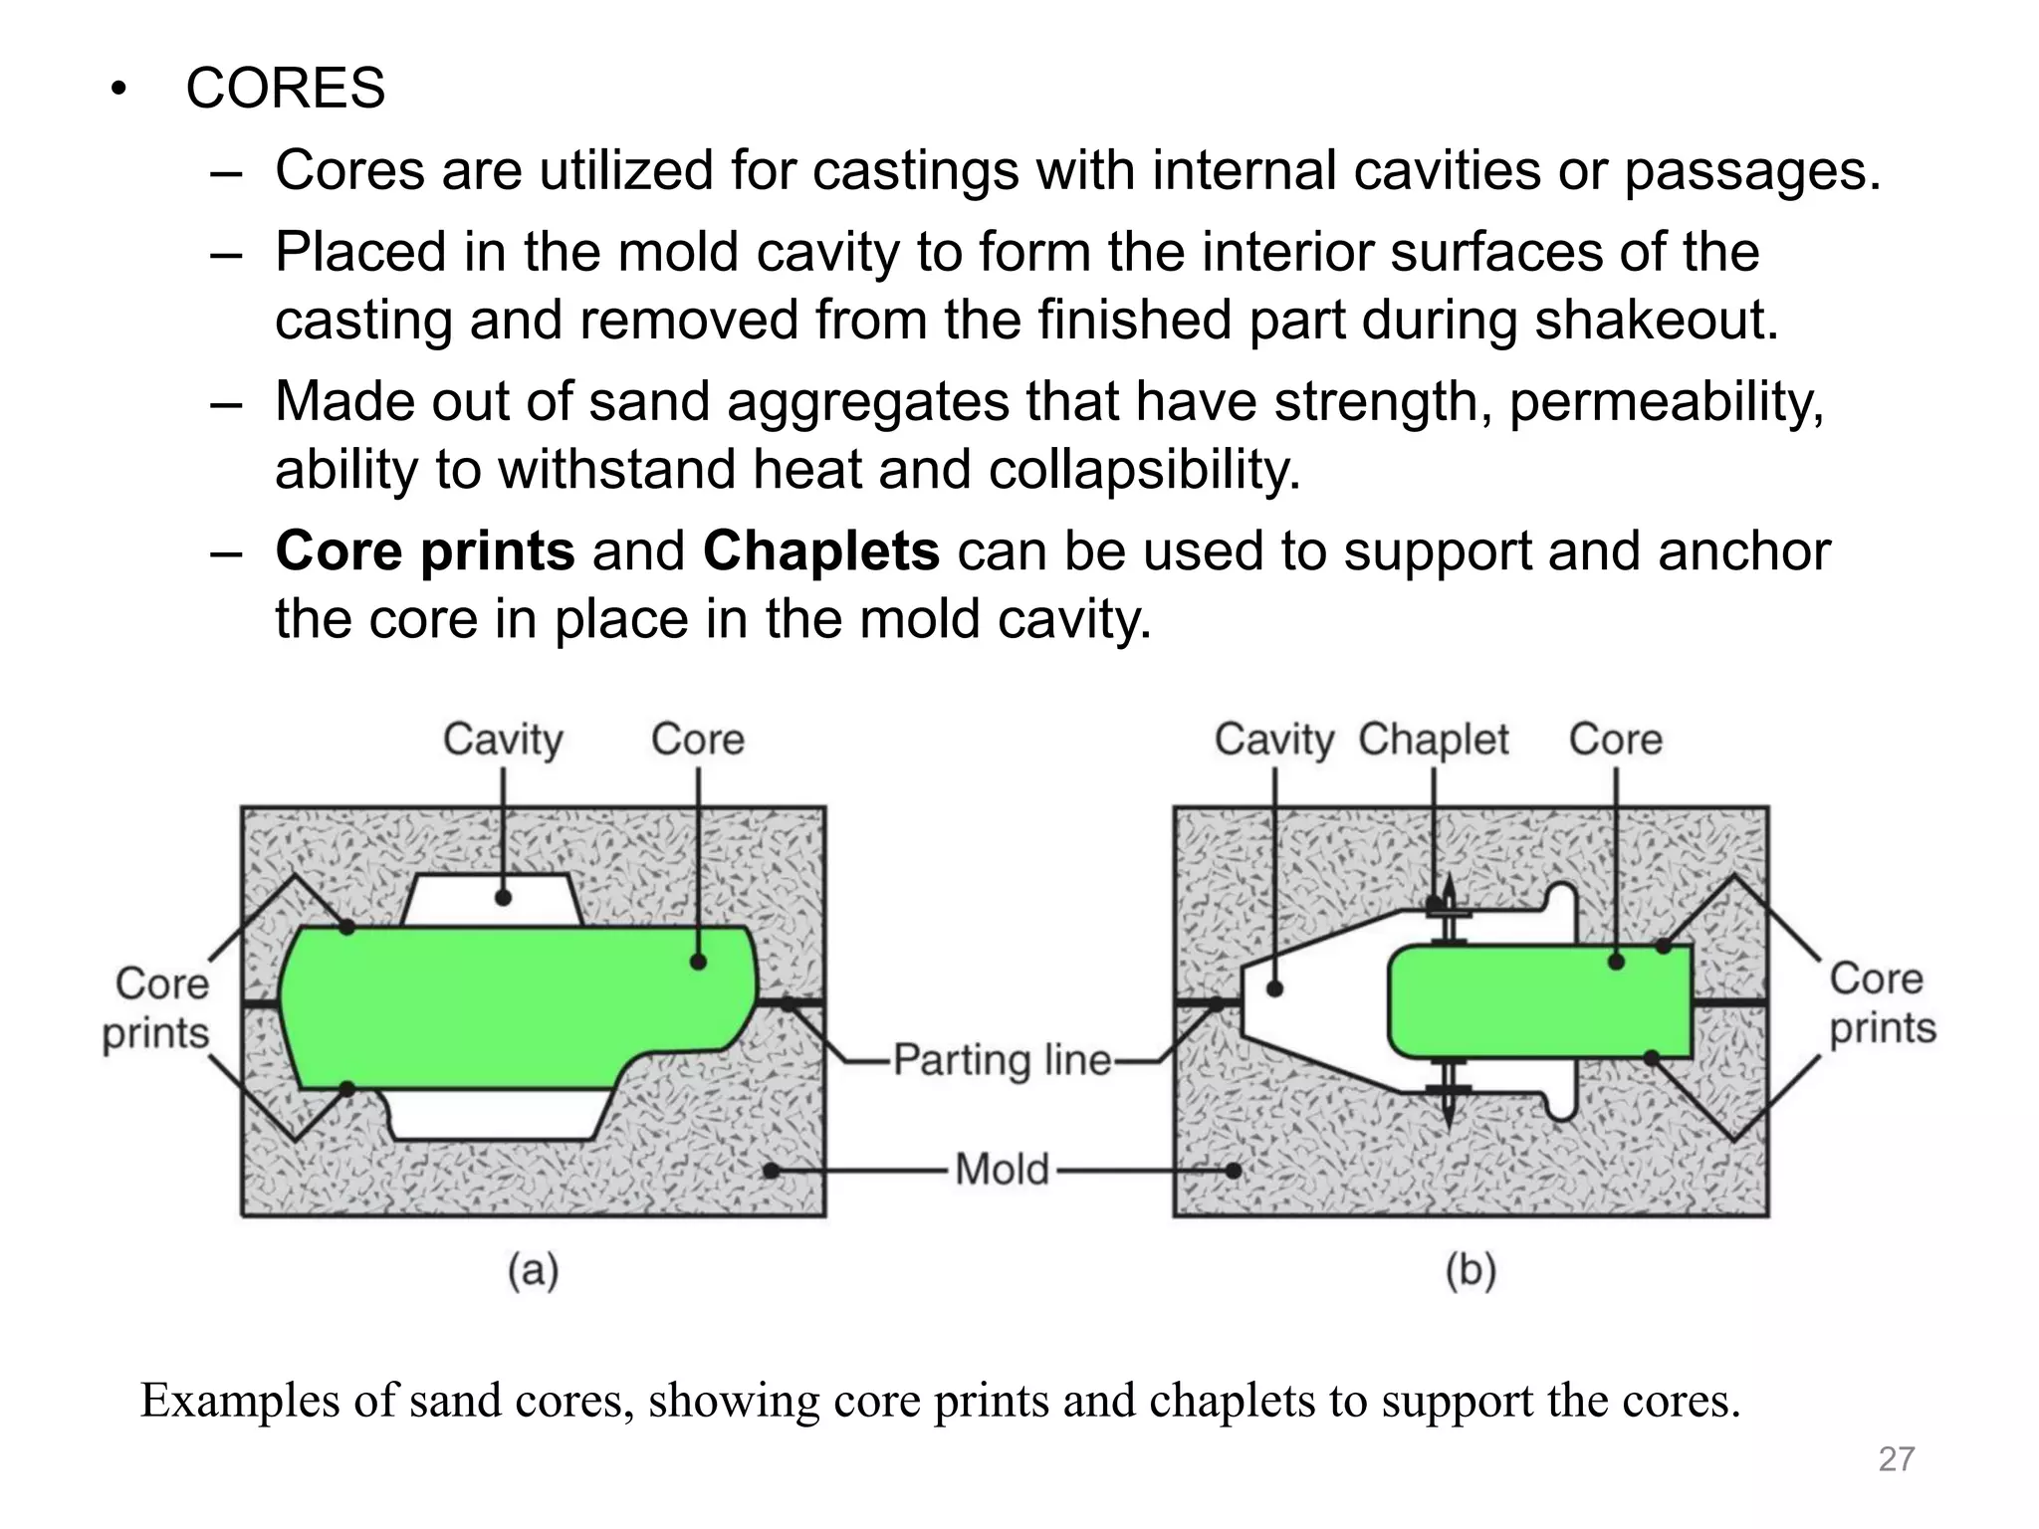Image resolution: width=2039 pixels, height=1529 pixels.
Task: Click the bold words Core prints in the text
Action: point(425,550)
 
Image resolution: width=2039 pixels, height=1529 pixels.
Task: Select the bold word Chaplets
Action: point(820,550)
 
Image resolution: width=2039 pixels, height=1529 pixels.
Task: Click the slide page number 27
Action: point(1897,1459)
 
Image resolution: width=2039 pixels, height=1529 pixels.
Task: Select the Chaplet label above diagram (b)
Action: point(1434,740)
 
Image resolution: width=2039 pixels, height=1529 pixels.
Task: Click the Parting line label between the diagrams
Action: point(1002,1059)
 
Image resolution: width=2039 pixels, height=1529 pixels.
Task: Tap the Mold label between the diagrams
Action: point(1002,1169)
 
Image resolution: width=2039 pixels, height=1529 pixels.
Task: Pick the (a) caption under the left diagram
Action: point(534,1271)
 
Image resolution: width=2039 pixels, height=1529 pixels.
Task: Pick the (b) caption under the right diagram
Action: point(1471,1271)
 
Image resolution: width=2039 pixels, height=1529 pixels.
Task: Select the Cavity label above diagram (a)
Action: point(503,740)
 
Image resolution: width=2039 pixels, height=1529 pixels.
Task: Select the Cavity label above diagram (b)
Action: point(1274,740)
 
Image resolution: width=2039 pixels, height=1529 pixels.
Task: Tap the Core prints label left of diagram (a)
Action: point(157,1007)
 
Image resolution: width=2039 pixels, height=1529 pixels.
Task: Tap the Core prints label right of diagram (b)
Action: point(1882,1003)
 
